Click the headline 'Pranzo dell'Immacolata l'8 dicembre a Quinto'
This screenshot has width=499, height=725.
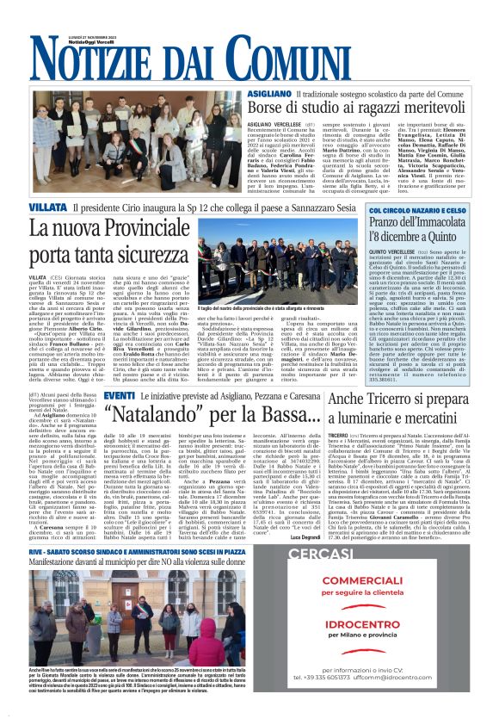point(417,230)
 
